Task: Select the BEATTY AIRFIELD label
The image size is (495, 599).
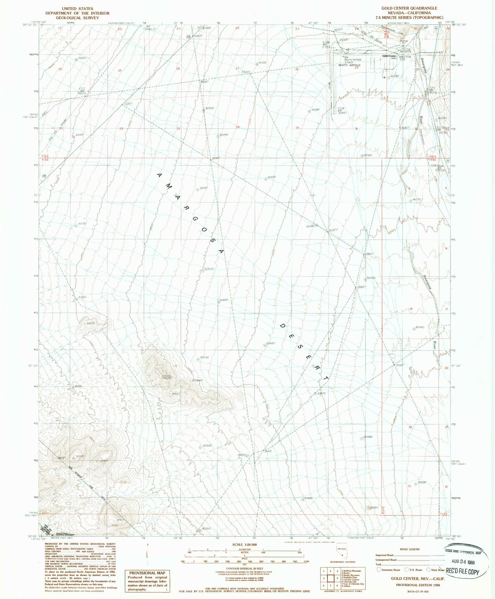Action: pos(349,65)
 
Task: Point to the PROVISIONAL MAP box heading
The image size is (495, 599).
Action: pos(147,573)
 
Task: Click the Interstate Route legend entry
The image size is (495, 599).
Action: pos(388,570)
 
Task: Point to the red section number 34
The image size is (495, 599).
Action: pos(238,127)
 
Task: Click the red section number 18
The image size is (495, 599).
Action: pos(411,309)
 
